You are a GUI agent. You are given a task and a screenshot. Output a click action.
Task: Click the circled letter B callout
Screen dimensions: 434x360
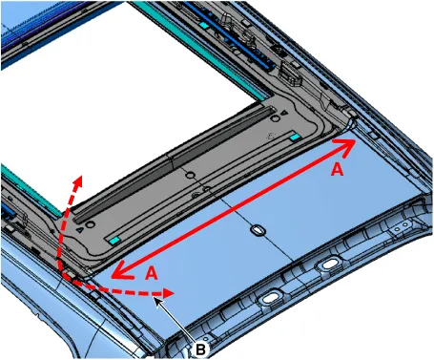click(200, 349)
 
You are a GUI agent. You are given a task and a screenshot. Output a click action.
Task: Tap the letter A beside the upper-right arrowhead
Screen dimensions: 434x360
click(338, 169)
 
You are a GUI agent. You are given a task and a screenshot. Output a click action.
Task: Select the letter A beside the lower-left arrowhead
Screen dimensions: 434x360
click(152, 273)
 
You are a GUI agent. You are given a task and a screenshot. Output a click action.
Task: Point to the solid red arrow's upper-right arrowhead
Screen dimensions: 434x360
click(346, 145)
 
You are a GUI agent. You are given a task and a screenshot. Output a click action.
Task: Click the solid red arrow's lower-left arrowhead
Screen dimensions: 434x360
click(121, 271)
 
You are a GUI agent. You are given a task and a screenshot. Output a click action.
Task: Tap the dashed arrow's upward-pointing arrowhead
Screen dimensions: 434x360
click(78, 180)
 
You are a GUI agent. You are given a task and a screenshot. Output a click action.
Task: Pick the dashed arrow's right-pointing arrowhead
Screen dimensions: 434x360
click(168, 293)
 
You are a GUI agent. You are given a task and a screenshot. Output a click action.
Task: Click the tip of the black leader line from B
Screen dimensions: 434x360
click(154, 297)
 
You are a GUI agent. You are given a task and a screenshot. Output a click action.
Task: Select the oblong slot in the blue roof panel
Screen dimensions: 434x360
click(258, 230)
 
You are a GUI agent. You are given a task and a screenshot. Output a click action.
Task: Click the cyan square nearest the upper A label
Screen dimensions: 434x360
click(295, 137)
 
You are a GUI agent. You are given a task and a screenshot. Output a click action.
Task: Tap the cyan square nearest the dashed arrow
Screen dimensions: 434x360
click(114, 241)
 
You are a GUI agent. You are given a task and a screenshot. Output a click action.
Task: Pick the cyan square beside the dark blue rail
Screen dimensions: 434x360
click(204, 26)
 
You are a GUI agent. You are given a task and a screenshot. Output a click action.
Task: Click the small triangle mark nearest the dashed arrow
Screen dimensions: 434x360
click(80, 229)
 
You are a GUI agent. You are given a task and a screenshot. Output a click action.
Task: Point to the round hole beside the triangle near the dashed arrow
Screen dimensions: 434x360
click(91, 224)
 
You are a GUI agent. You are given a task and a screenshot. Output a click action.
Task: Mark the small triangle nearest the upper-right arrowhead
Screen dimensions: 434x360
click(285, 113)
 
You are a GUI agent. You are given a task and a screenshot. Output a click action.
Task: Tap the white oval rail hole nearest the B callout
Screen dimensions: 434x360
click(270, 299)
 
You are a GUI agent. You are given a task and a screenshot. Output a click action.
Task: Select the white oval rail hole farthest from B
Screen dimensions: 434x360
click(330, 265)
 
